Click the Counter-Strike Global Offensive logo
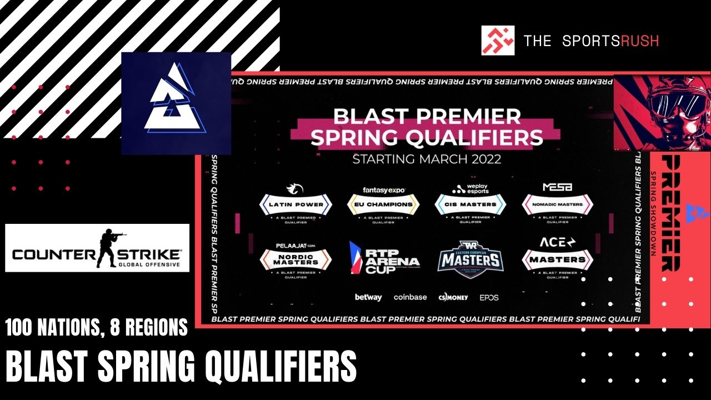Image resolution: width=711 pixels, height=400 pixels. (x=97, y=248)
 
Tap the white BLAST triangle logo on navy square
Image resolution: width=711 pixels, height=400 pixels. (x=176, y=103)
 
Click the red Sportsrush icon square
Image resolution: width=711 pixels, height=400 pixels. (x=498, y=40)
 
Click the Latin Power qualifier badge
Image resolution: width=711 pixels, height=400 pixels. (x=296, y=204)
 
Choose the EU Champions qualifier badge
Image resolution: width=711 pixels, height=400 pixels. (x=383, y=204)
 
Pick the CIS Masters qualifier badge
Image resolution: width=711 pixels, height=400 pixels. (x=470, y=204)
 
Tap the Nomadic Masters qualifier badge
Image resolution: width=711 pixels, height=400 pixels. (x=557, y=204)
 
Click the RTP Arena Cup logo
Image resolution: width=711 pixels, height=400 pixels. (x=383, y=258)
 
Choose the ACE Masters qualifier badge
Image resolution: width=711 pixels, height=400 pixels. (x=557, y=259)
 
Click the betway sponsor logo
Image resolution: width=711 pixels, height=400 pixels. (x=368, y=297)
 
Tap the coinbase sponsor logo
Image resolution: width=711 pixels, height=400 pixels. (x=410, y=297)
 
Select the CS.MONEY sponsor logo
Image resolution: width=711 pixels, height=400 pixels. (x=453, y=297)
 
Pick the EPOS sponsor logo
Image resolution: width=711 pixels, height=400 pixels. (x=489, y=297)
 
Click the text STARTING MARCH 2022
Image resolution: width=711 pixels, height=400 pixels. (x=427, y=159)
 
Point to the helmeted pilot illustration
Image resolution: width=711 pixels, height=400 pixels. (x=661, y=111)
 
